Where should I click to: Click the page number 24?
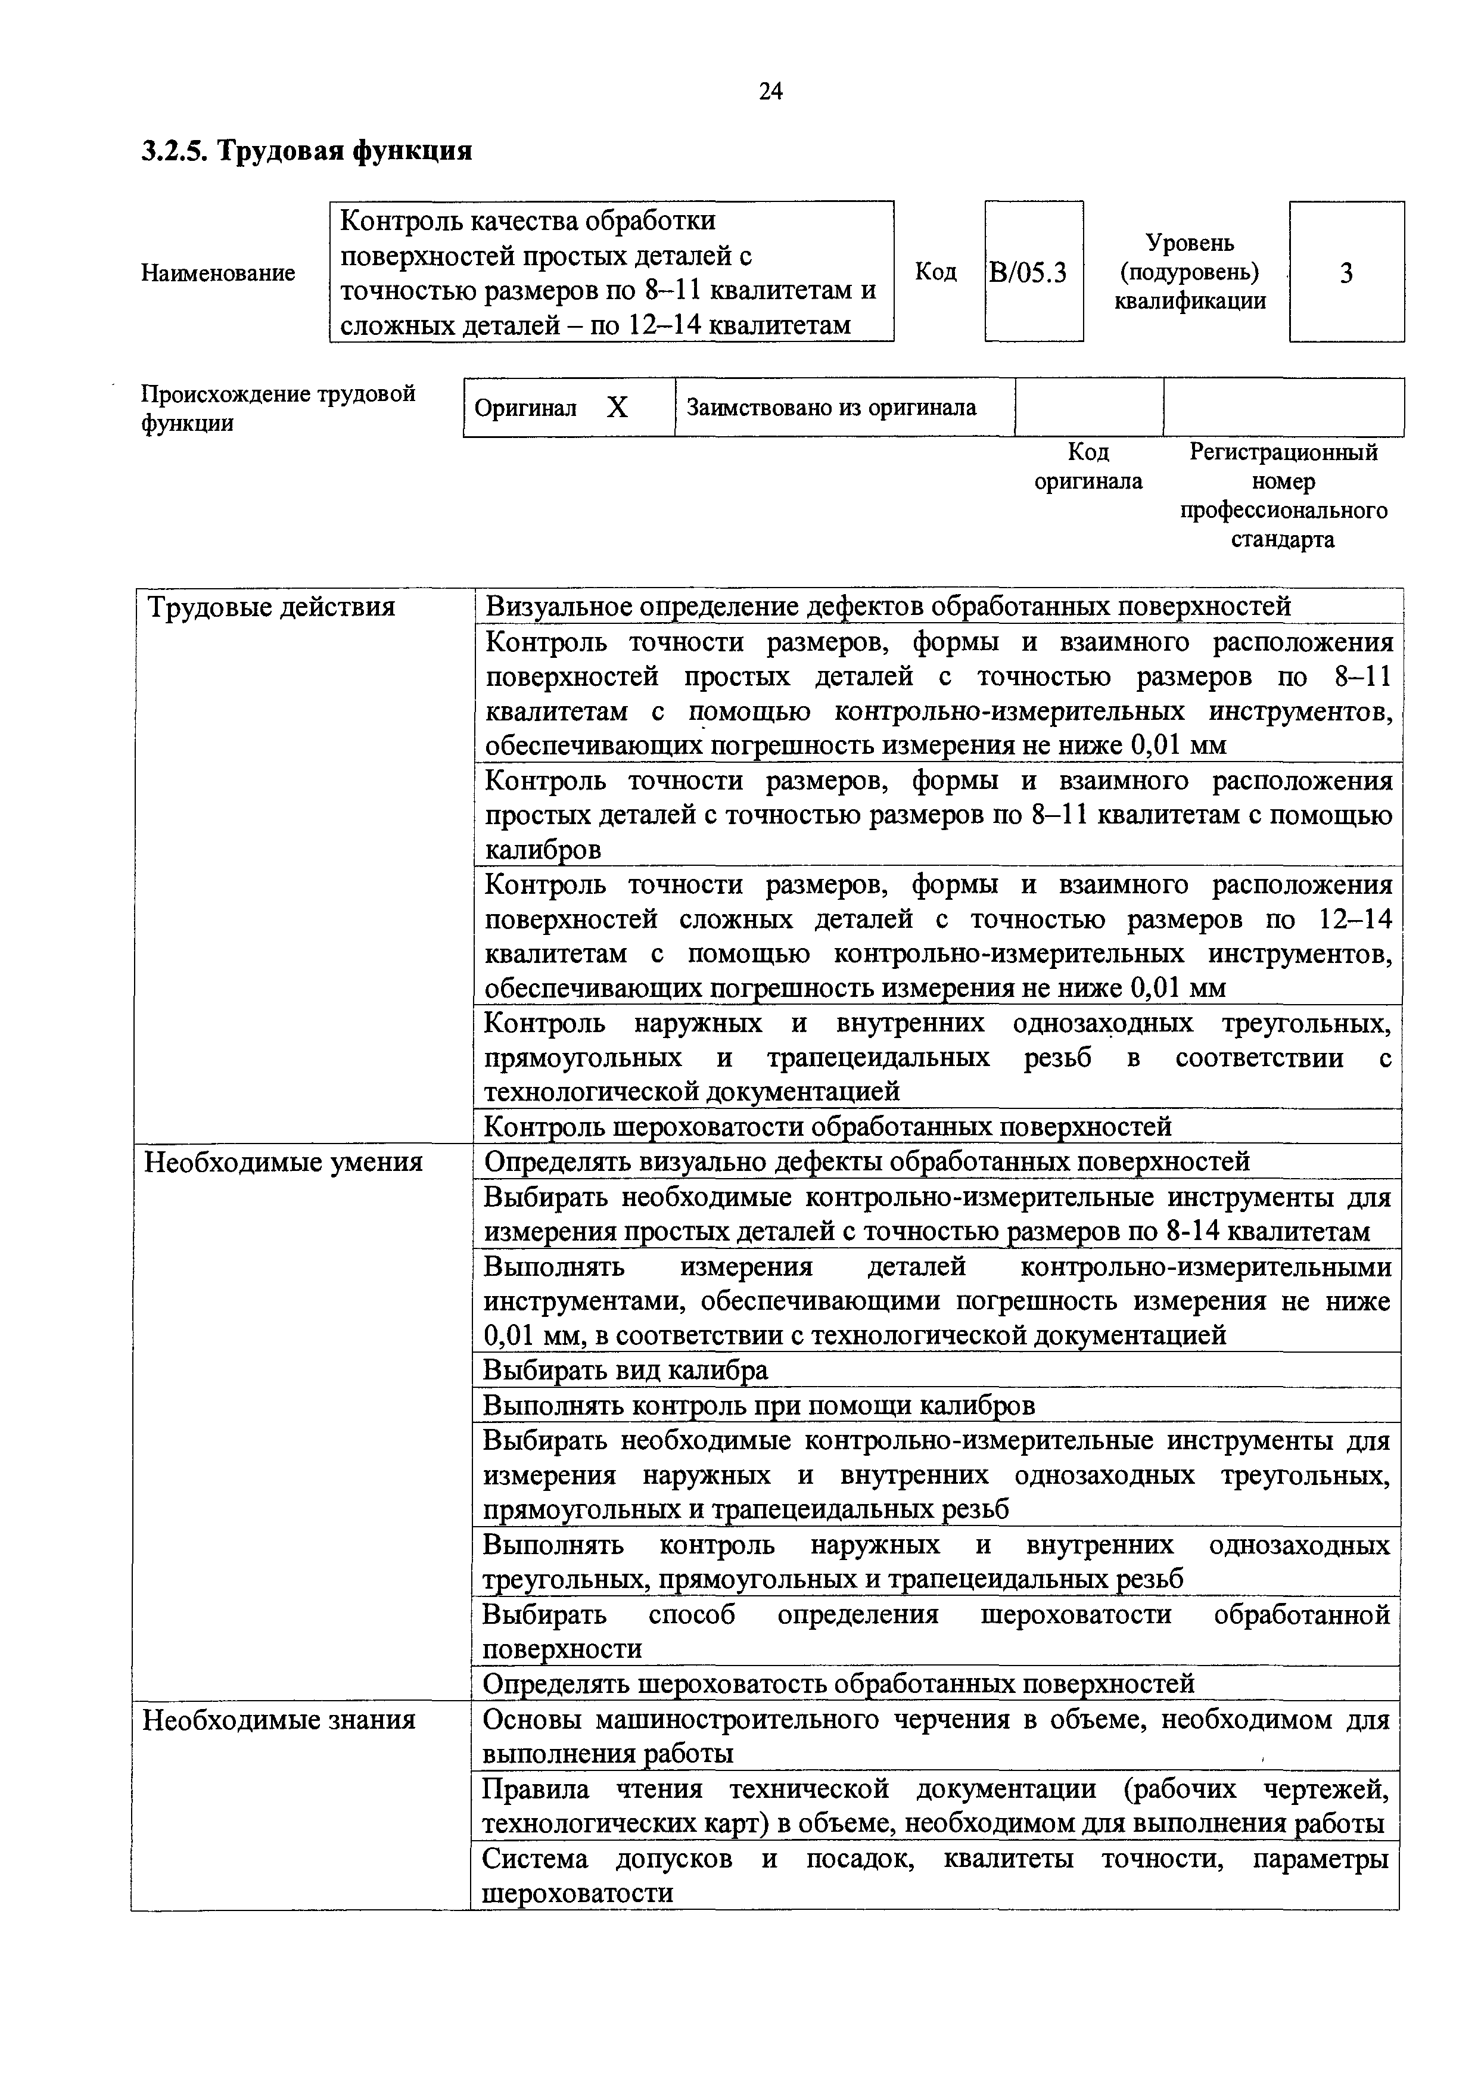(x=770, y=91)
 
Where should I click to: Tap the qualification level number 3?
(x=1346, y=273)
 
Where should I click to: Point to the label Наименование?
(x=219, y=273)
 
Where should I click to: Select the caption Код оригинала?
(x=1088, y=466)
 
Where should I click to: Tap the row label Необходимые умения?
(x=283, y=1162)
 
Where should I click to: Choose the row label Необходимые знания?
(x=279, y=1719)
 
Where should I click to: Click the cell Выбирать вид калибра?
(x=625, y=1370)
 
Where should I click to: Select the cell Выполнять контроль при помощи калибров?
(x=758, y=1405)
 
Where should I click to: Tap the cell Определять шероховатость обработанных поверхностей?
(x=838, y=1684)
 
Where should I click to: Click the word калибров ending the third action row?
(x=543, y=850)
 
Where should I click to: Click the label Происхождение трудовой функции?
(x=278, y=408)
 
